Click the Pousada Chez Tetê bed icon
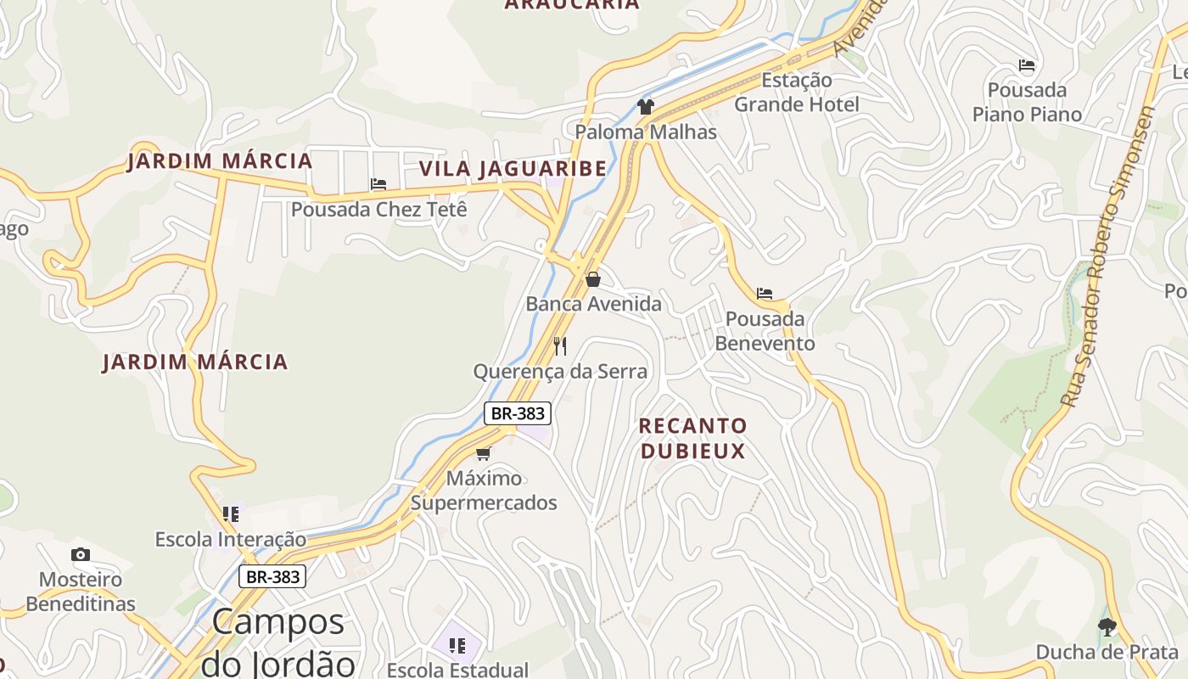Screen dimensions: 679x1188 [378, 184]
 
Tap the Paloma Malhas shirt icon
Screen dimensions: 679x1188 [646, 107]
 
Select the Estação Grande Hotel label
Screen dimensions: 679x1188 [796, 93]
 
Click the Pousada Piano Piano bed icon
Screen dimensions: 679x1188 [1027, 65]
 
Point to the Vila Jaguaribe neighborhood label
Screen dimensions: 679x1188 [513, 169]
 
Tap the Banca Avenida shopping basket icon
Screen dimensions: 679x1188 [593, 279]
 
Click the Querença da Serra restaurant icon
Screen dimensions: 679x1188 [560, 345]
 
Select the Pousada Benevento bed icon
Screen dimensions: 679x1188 [765, 295]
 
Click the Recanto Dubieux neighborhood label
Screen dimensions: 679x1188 [692, 438]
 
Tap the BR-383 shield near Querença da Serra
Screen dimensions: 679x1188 [518, 413]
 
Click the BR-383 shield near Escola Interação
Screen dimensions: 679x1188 [272, 577]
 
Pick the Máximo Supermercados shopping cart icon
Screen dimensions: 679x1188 [484, 453]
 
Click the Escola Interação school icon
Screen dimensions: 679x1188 [231, 514]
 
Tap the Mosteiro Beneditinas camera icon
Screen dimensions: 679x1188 [81, 555]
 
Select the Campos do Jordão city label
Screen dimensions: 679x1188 [277, 642]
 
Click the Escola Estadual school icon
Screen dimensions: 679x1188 [457, 646]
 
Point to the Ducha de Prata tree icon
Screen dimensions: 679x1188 [1107, 627]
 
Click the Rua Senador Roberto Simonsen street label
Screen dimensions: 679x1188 [1108, 255]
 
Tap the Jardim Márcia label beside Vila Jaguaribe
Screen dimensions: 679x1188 [220, 161]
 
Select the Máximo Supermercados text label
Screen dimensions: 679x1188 [484, 491]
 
